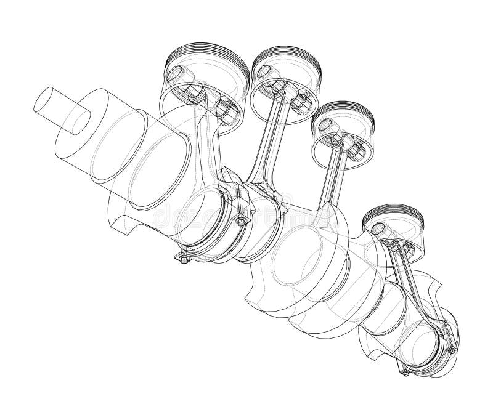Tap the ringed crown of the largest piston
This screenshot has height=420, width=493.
coord(198,54)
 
